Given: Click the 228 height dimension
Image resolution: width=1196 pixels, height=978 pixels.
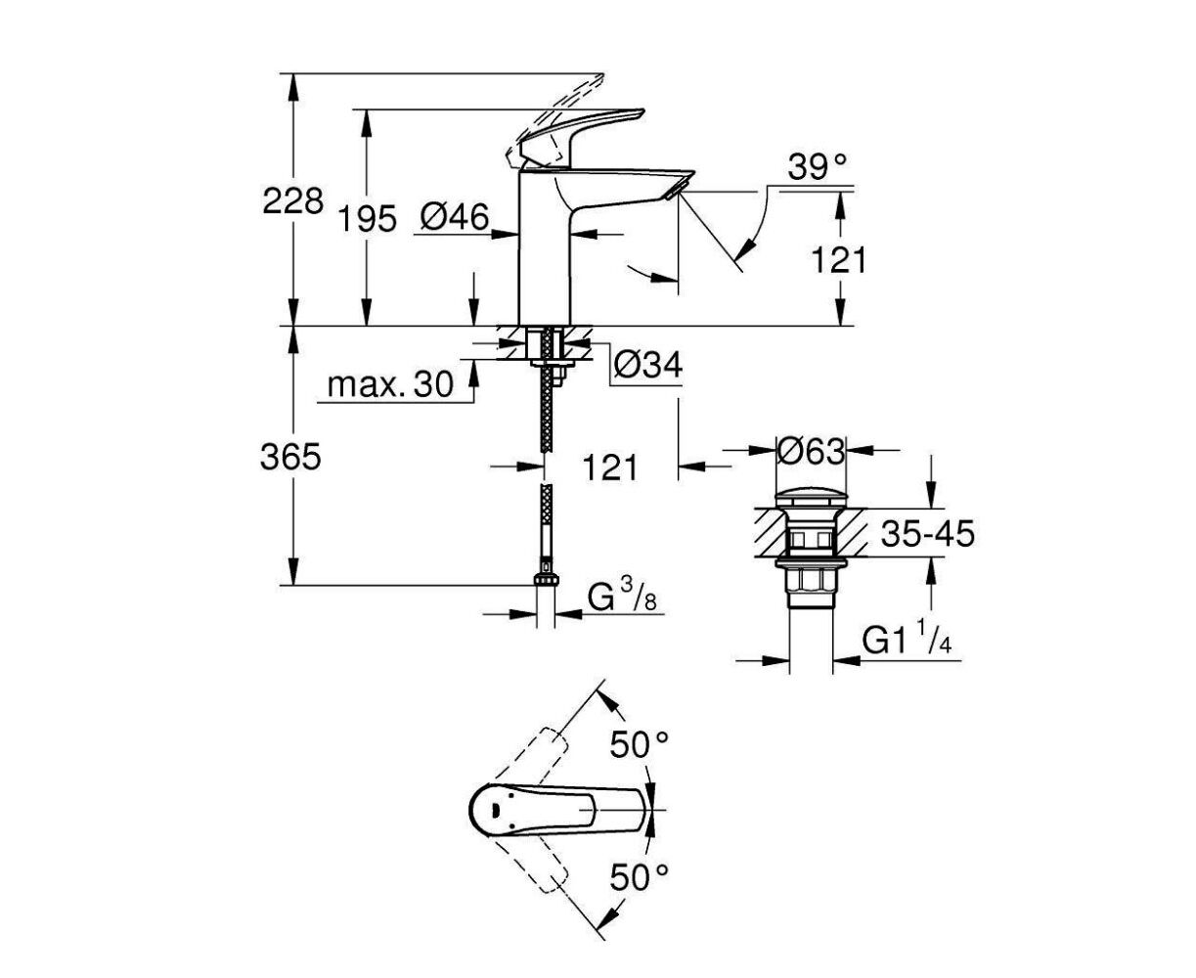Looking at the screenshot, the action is click(x=292, y=200).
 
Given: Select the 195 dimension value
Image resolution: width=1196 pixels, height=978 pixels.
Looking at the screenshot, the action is click(x=367, y=219).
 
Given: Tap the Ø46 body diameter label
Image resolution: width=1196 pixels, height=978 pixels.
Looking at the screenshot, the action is click(x=454, y=217).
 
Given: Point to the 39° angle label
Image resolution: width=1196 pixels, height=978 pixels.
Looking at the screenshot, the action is click(x=818, y=167).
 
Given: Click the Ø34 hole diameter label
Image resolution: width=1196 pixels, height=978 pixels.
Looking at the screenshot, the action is click(x=647, y=365).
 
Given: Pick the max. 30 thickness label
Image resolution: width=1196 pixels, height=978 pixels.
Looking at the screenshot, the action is click(x=390, y=384).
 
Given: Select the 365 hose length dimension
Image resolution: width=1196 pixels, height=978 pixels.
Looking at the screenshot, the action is click(x=290, y=457).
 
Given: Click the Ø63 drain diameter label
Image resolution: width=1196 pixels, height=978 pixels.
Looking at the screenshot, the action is click(x=811, y=452).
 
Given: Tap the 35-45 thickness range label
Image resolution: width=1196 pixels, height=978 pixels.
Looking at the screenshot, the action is click(x=928, y=533).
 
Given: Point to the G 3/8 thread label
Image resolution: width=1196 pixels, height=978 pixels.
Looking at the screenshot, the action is click(x=622, y=597).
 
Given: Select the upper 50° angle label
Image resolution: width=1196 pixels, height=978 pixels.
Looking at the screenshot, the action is click(x=640, y=745).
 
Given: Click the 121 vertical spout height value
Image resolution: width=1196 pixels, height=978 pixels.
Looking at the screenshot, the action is click(x=839, y=260).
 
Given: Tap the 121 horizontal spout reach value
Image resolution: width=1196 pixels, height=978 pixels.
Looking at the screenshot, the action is click(x=610, y=467).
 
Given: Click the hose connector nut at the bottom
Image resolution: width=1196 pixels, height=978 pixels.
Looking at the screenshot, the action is click(x=546, y=579).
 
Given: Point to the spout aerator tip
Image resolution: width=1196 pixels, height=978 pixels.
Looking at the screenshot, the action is click(x=679, y=187).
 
